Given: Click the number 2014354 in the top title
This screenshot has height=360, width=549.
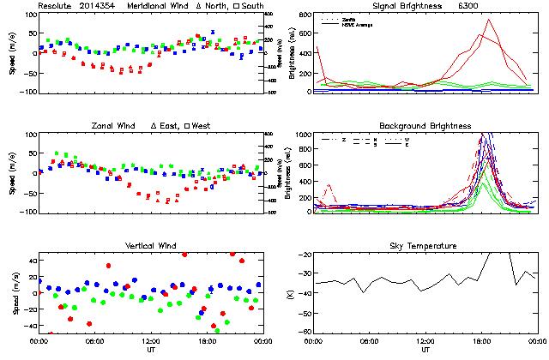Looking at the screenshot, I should pos(99,5).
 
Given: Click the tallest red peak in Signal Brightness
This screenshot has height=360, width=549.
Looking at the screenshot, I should pos(488,20).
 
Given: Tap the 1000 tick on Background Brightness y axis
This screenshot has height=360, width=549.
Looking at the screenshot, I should pos(303,135).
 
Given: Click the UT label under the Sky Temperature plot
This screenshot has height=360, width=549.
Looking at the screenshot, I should pos(425,351).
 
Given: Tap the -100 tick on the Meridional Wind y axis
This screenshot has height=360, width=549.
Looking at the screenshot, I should pos(26,91).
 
